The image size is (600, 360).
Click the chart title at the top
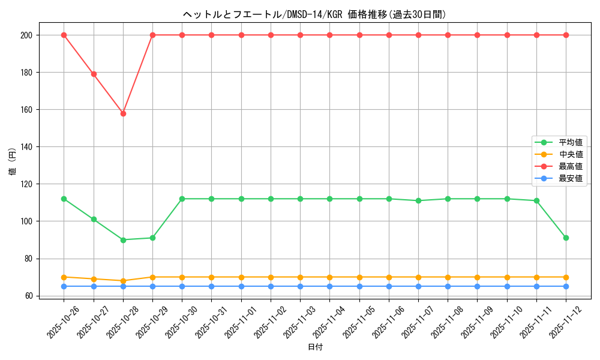point(314,14)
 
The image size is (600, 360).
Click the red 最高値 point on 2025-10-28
point(123,113)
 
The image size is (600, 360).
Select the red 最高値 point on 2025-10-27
point(94,74)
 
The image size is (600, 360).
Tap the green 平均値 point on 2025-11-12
point(566,238)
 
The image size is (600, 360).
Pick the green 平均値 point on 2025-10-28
point(123,240)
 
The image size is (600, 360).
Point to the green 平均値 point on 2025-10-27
point(94,220)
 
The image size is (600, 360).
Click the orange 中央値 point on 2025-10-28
point(123,281)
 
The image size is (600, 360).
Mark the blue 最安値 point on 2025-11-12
point(566,286)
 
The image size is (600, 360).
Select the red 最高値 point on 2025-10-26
point(64,35)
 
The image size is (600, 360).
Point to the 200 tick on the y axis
point(26,35)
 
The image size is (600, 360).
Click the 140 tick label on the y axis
point(26,147)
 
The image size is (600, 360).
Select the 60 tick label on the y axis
point(29,296)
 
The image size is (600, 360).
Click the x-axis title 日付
point(315,347)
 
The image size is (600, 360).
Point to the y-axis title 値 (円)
point(12,162)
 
